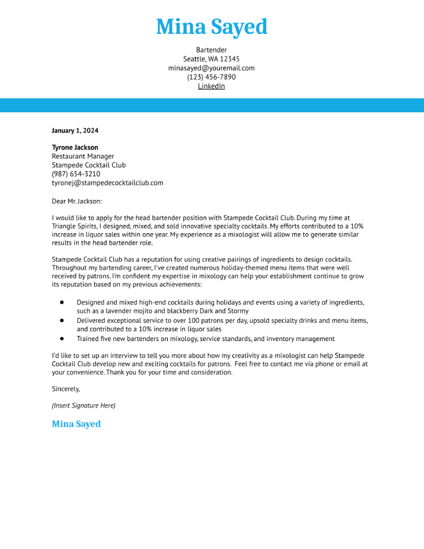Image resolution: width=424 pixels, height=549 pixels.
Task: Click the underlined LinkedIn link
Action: click(211, 86)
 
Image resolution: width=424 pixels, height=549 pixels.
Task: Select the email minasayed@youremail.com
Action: click(211, 68)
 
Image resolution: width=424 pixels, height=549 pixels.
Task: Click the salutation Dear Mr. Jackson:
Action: click(77, 201)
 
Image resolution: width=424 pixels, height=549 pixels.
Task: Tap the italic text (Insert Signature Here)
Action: click(83, 405)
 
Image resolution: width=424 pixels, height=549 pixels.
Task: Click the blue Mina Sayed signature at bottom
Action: click(76, 424)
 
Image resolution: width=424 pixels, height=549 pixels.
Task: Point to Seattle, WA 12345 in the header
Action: click(211, 59)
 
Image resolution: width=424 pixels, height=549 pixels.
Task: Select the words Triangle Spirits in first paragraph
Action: click(74, 226)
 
